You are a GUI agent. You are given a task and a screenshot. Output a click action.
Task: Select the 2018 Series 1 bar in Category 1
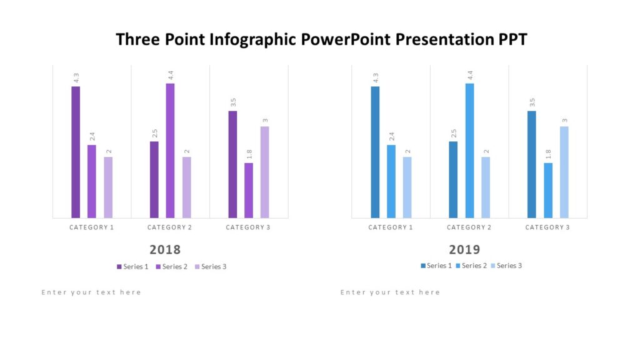[x=76, y=152]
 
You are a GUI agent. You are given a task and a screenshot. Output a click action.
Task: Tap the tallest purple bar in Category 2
[x=170, y=151]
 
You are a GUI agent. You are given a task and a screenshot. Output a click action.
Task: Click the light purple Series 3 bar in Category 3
[x=264, y=172]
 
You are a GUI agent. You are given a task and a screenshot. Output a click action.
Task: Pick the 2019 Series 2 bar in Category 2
[x=469, y=151]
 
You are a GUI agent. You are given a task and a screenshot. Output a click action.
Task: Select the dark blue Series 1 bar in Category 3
[x=531, y=164]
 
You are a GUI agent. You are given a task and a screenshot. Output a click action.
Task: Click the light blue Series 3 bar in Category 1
[x=407, y=187]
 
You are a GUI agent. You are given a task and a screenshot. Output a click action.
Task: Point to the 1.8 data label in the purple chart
[x=249, y=154]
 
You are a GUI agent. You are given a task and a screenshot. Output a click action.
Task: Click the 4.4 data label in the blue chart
[x=469, y=76]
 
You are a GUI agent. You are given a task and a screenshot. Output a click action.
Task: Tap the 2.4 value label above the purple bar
[x=92, y=136]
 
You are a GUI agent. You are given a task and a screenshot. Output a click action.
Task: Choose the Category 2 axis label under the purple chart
[x=169, y=227]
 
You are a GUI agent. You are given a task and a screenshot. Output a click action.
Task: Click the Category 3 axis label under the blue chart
[x=547, y=227]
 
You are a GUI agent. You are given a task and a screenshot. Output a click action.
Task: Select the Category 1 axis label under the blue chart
[x=391, y=227]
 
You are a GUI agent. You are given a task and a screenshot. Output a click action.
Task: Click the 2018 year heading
[x=165, y=250]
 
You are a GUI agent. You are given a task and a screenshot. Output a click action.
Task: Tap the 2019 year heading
[x=464, y=250]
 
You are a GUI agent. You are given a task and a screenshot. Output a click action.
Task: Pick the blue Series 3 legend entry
[x=506, y=266]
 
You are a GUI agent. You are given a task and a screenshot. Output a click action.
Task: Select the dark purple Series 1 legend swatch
[x=119, y=267]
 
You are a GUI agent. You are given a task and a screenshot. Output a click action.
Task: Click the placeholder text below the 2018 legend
[x=91, y=292]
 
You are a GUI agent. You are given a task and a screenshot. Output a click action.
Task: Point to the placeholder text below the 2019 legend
[x=390, y=292]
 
